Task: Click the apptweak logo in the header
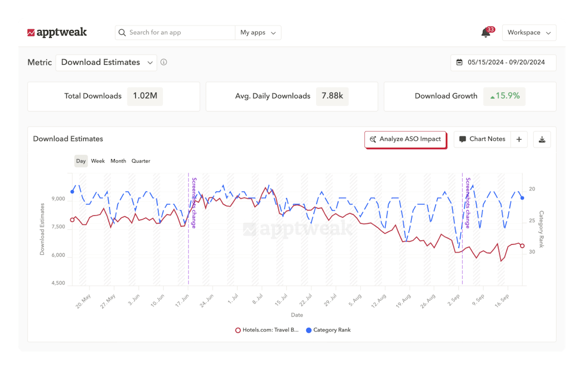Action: [x=57, y=32]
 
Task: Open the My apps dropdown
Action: [x=258, y=33]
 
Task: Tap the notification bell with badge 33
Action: [x=486, y=33]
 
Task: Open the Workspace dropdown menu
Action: [x=529, y=33]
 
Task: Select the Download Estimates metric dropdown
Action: [x=106, y=62]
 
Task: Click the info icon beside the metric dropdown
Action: [x=164, y=62]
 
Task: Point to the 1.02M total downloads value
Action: [x=145, y=96]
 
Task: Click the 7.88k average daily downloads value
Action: [x=332, y=96]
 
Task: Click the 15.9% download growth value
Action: [x=505, y=96]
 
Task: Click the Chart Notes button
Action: [x=482, y=139]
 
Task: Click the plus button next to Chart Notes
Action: [x=519, y=139]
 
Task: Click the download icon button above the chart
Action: [x=542, y=139]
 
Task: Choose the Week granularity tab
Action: [x=98, y=161]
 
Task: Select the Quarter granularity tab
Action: [x=141, y=161]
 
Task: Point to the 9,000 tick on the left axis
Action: [x=58, y=199]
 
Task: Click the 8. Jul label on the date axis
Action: [x=258, y=299]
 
